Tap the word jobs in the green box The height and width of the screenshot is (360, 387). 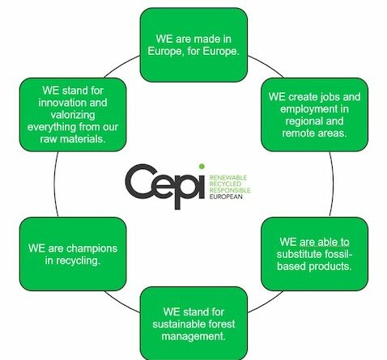[330, 97]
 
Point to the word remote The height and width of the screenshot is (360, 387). [298, 133]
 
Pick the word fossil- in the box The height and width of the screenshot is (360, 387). [338, 254]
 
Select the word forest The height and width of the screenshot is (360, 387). [222, 324]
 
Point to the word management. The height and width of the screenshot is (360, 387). [193, 337]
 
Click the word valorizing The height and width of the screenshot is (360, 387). [73, 115]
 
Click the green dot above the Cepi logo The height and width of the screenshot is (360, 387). [202, 167]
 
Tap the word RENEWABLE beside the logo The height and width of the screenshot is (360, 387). [228, 177]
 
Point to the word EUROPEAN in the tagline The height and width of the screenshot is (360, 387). [226, 197]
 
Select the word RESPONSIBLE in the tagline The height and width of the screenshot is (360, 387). [230, 190]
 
